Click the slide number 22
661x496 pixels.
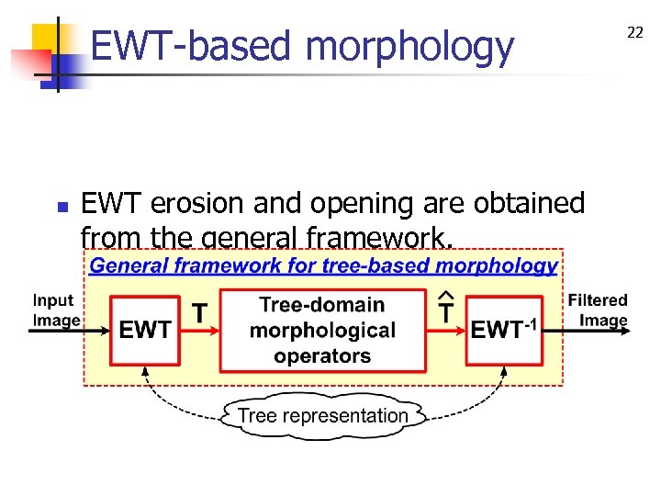634,33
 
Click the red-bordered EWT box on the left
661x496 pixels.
145,330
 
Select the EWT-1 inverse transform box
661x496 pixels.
503,330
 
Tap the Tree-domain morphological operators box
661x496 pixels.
322,330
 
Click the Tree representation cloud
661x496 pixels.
323,415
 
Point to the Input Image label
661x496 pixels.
54,310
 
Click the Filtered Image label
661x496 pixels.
598,310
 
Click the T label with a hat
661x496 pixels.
447,310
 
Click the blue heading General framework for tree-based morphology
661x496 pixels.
322,266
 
